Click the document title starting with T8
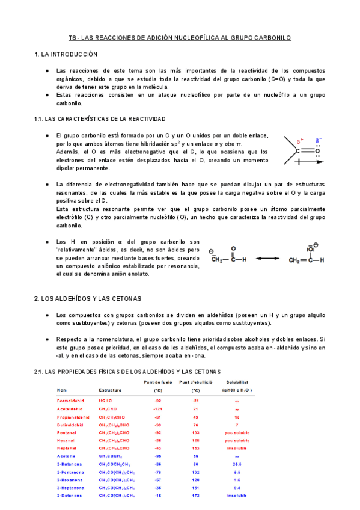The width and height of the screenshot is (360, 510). click(180, 38)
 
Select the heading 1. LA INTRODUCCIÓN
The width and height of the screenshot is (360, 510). click(66, 54)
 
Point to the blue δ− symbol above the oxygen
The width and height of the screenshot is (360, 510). click(319, 141)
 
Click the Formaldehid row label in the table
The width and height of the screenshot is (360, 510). click(71, 400)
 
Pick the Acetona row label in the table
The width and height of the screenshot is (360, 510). click(67, 456)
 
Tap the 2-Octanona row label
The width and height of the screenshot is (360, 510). click(70, 497)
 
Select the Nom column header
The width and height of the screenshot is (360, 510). click(62, 390)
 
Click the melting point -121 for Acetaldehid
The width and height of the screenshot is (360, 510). click(158, 408)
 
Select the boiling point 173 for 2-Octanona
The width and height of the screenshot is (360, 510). click(195, 497)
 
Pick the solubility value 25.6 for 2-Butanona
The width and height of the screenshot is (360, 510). click(237, 464)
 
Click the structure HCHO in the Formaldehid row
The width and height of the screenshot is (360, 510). click(105, 400)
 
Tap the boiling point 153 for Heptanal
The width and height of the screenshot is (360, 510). click(195, 448)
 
